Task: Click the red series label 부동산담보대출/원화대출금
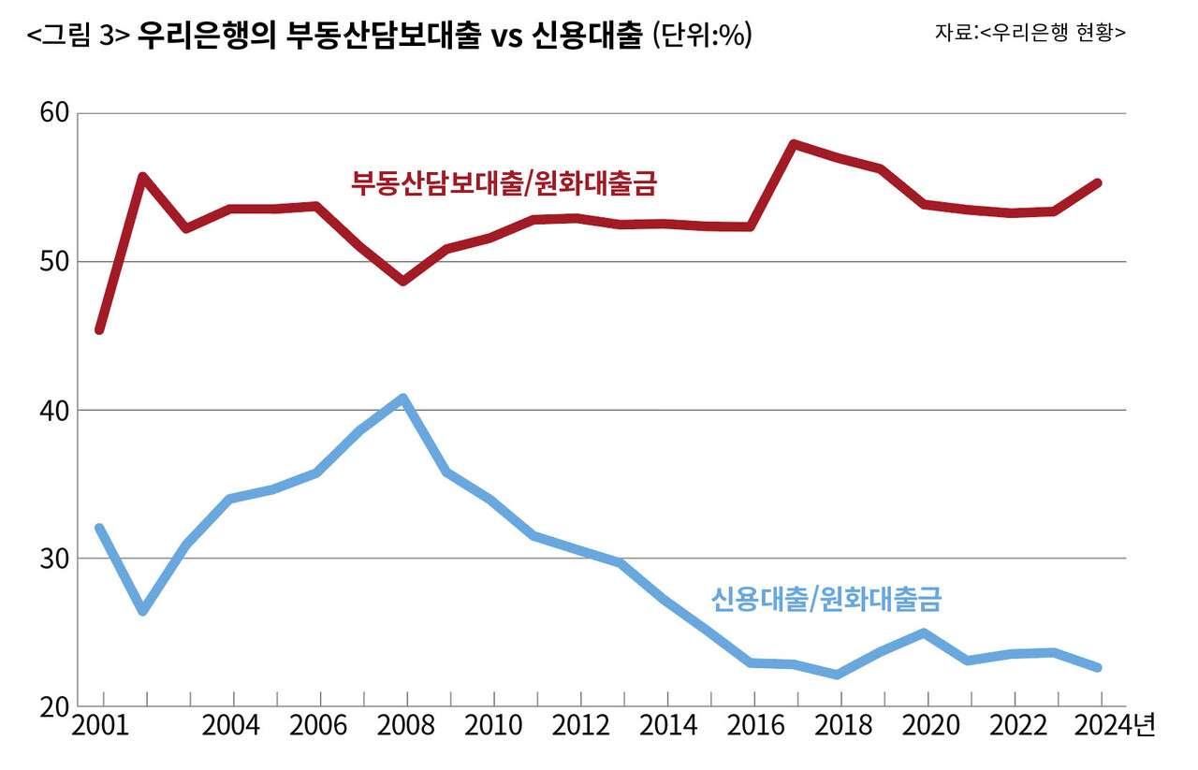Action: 504,182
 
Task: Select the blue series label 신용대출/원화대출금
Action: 825,598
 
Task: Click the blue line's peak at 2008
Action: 403,398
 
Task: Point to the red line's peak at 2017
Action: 794,144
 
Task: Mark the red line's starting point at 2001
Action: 99,330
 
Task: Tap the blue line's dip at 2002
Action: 142,611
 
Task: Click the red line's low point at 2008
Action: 403,281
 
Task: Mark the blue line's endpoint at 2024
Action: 1099,667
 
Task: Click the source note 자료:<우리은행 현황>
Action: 1030,32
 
